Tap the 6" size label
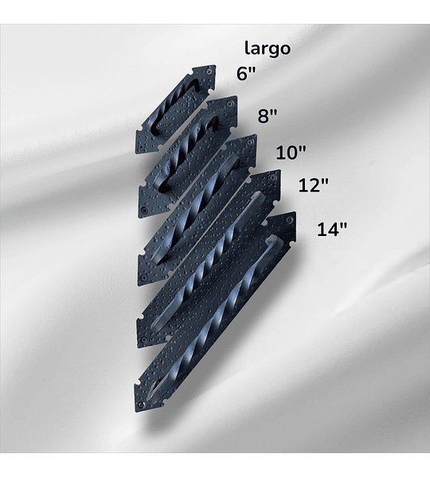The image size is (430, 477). (245, 74)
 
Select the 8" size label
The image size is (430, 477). (268, 115)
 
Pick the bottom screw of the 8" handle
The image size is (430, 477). (143, 209)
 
